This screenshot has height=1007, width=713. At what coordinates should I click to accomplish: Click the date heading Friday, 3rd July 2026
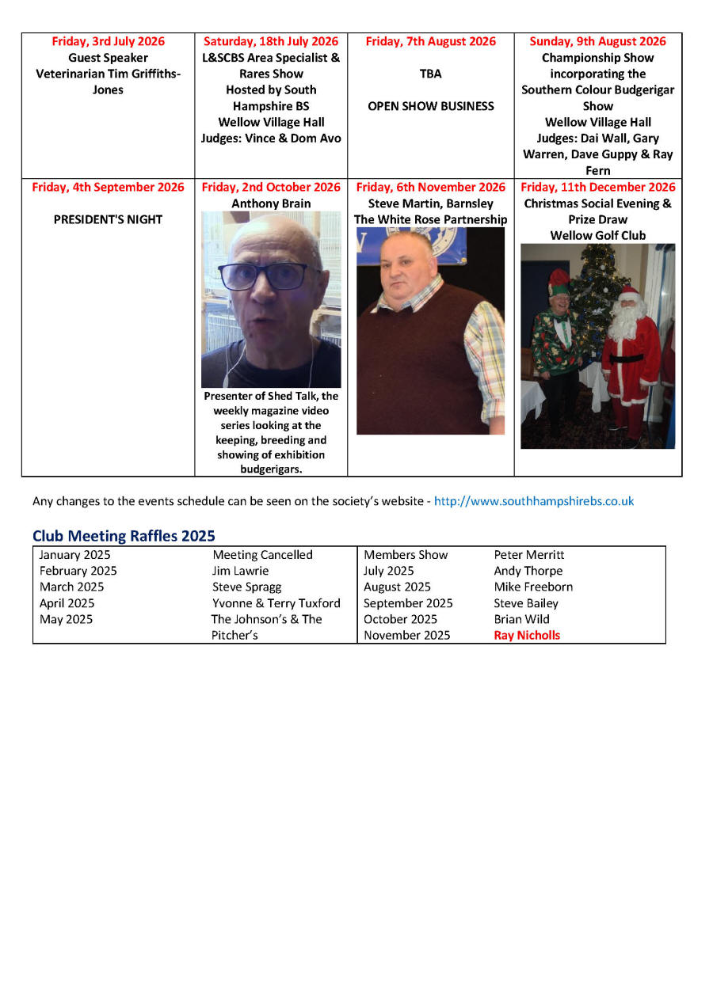[x=108, y=42]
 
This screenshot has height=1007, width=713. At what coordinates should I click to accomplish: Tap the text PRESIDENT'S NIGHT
[x=108, y=219]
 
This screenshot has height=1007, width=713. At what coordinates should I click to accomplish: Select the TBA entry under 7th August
[x=430, y=74]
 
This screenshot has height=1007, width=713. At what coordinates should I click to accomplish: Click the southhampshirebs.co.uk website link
[x=534, y=501]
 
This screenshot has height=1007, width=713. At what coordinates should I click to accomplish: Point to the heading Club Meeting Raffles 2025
[x=124, y=536]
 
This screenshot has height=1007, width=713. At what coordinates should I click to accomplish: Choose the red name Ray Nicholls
[x=527, y=635]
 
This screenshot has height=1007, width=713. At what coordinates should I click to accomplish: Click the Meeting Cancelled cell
[x=262, y=555]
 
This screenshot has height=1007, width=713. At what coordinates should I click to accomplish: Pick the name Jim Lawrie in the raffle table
[x=240, y=571]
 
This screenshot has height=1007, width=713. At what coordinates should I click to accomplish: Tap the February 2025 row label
[x=78, y=571]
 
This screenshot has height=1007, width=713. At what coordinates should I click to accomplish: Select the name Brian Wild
[x=521, y=619]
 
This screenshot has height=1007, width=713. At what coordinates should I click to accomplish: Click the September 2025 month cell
[x=408, y=603]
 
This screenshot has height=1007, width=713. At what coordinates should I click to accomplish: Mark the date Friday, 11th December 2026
[x=598, y=188]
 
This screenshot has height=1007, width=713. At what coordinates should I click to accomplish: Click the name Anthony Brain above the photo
[x=271, y=203]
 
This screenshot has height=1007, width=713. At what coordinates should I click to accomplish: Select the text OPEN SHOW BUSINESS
[x=430, y=106]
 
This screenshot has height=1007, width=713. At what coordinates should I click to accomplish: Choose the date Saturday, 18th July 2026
[x=271, y=42]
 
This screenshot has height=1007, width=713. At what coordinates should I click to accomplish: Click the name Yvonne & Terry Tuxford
[x=276, y=603]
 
